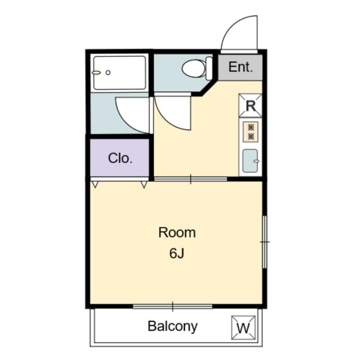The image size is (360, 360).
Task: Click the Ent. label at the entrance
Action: pos(240,67)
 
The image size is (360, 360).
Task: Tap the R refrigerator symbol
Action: pos(251,106)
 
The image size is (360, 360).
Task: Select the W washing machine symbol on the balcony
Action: pos(243,328)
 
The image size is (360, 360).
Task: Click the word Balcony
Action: pos(172,326)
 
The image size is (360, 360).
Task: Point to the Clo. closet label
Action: pos(120,158)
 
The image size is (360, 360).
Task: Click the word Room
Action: pos(176,232)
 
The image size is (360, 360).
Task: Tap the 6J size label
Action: pos(176,253)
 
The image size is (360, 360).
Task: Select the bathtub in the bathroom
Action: pos(119,73)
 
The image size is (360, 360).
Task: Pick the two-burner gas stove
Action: pos(250,132)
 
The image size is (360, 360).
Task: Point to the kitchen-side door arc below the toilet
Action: pos(173,114)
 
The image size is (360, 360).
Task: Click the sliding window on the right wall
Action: pos(264,241)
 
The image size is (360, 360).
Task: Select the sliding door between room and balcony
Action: pos(172,307)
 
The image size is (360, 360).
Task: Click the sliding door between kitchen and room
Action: pos(191,179)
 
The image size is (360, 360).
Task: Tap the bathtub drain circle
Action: pos(108,72)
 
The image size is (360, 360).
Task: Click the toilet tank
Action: pos(209,68)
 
